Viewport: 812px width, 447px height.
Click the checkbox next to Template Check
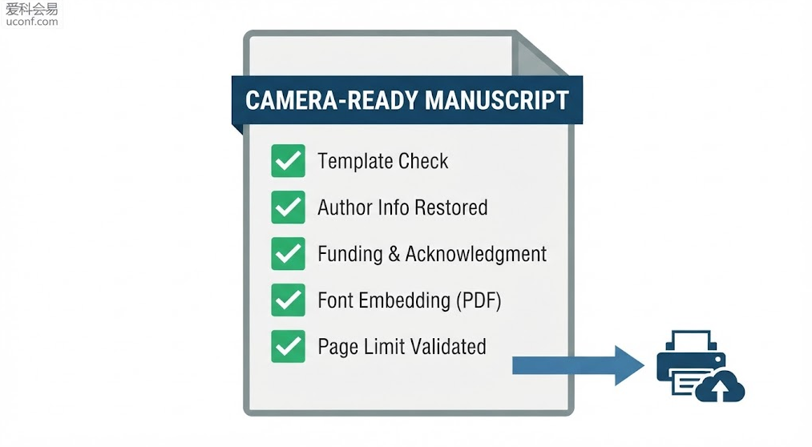[x=288, y=161]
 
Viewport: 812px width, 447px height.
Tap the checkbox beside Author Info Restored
[x=288, y=207]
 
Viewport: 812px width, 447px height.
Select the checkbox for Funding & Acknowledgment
[x=288, y=253]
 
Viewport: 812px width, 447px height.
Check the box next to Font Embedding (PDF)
[x=288, y=300]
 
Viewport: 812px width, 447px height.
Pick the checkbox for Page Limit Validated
[x=288, y=346]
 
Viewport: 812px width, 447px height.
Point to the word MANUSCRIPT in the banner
[x=497, y=100]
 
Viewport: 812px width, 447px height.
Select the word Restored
[x=451, y=207]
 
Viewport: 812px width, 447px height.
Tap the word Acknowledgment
[x=475, y=254]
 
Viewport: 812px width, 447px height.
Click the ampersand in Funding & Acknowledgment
[x=394, y=254]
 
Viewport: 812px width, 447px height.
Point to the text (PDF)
[x=479, y=300]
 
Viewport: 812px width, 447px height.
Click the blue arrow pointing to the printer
[x=578, y=365]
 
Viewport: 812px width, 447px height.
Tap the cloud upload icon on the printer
[x=719, y=386]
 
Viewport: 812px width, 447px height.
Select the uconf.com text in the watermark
[x=32, y=21]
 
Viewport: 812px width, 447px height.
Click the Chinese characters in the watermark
[x=32, y=9]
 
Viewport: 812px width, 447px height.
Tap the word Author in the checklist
[x=345, y=207]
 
